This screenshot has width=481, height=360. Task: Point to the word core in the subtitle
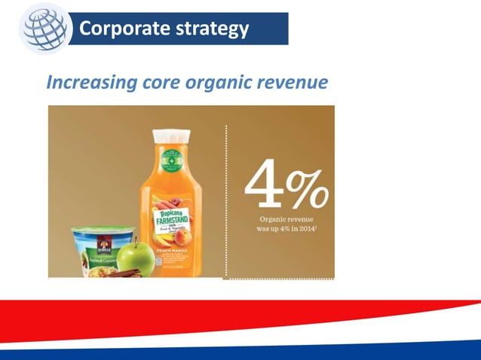click(x=162, y=82)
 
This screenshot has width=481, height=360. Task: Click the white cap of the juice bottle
click(x=170, y=136)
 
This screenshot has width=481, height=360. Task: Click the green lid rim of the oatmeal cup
click(x=97, y=229)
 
